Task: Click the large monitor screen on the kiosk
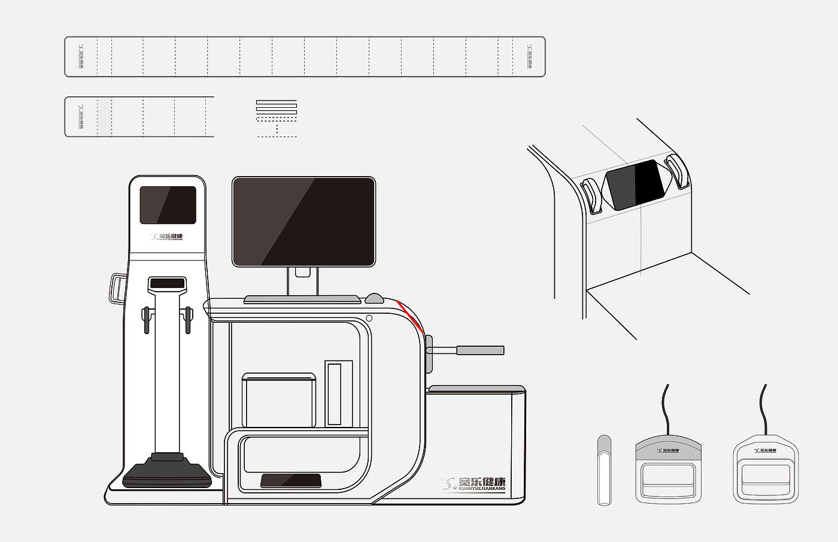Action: coord(303,222)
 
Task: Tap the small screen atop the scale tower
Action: coord(168,205)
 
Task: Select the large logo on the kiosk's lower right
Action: coord(474,484)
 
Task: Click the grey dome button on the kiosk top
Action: coord(374,298)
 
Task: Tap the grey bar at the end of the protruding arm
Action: coord(480,350)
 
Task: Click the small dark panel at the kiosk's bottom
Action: coord(290,480)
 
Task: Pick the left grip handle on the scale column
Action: coord(145,320)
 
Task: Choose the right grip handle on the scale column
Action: coord(188,320)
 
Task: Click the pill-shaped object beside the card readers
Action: coord(605,470)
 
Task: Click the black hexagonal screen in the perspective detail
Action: coord(636,184)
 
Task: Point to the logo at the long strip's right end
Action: coord(529,57)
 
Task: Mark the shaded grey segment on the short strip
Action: coord(104,117)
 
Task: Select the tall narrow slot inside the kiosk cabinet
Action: coord(334,393)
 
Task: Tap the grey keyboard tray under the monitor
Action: coord(302,298)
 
